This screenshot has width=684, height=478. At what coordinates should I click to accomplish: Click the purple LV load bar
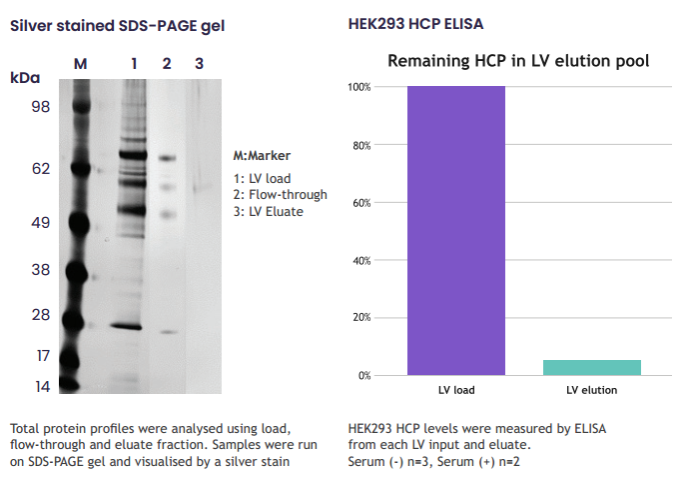456,230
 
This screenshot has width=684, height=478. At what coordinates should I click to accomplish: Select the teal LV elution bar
591,367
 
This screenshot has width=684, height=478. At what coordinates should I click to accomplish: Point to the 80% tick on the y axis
362,145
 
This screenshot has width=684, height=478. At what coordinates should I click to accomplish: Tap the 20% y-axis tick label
362,317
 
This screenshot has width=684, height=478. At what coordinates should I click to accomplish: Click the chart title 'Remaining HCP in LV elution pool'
518,61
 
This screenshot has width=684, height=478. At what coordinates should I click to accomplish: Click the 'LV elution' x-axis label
591,390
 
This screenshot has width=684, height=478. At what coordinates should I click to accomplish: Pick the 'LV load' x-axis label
456,390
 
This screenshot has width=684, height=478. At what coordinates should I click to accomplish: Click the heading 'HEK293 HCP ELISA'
415,24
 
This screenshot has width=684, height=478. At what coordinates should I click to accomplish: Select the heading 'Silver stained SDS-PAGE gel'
118,26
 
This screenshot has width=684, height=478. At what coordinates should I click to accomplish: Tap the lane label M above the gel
81,64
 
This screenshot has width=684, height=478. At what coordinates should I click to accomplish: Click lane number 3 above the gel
199,64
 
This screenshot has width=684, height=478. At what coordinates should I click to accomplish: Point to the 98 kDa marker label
41,107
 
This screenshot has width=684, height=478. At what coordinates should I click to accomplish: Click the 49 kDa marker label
41,223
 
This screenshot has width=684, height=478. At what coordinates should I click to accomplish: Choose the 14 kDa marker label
43,387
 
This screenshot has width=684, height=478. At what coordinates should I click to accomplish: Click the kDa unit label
25,78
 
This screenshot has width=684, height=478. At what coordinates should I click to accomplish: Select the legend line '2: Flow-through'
280,195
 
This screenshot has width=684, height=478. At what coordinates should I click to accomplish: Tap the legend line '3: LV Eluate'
269,211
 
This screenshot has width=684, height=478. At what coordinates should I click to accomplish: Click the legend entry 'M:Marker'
262,156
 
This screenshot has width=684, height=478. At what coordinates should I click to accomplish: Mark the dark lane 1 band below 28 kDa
126,326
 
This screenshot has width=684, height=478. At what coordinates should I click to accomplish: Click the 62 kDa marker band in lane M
81,168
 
